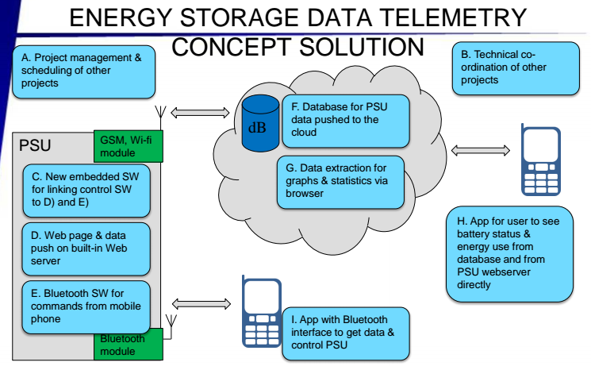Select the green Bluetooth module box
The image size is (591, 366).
click(x=128, y=344)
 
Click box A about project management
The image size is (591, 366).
click(x=82, y=70)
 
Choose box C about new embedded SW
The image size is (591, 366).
click(x=86, y=191)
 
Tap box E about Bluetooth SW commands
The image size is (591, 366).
click(x=86, y=305)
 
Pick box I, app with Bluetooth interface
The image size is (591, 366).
click(x=348, y=334)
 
